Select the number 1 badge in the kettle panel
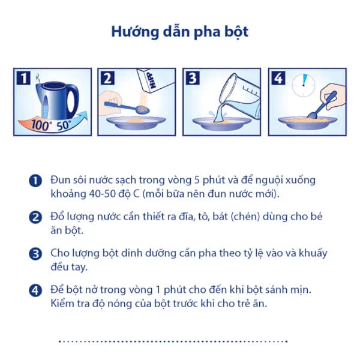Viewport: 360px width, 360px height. [x=23, y=77]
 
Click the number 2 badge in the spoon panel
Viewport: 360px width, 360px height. [x=108, y=77]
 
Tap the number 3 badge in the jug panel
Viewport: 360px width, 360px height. [x=193, y=77]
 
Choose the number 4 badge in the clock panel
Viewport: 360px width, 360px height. [x=278, y=77]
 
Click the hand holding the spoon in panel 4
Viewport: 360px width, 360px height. [x=332, y=96]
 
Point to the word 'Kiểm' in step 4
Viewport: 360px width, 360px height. [x=64, y=304]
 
